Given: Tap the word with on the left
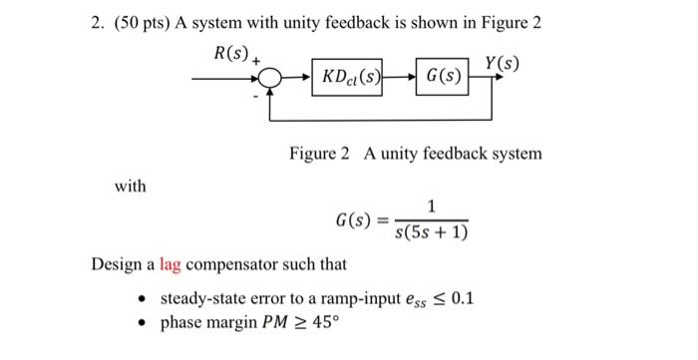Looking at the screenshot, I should (x=130, y=186).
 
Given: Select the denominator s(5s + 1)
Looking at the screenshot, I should (x=430, y=233).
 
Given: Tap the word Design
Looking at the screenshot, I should (x=115, y=265).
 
